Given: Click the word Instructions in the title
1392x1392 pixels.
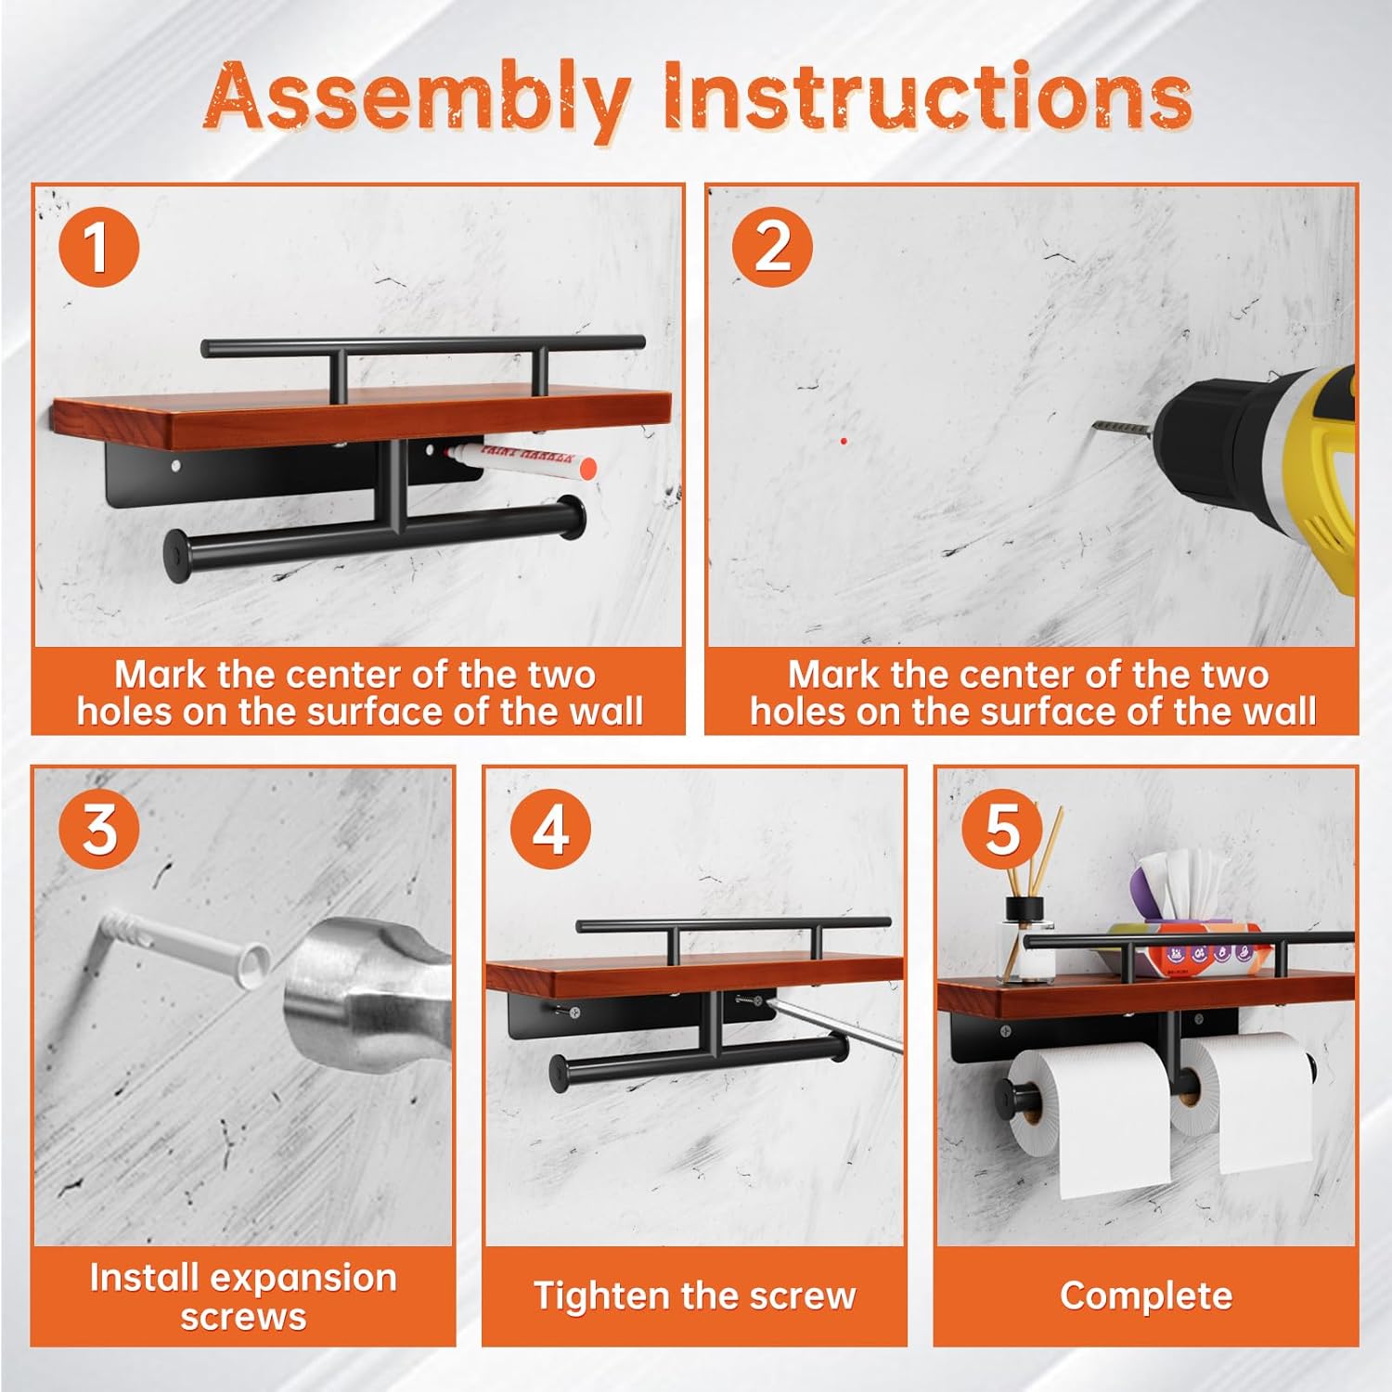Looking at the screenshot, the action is click(926, 96).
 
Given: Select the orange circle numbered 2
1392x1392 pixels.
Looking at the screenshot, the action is click(772, 246).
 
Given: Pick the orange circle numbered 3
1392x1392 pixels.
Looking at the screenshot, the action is click(99, 828).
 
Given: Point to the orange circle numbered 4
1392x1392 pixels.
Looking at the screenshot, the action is click(550, 828).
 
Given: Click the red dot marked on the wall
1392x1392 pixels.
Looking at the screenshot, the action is click(844, 441).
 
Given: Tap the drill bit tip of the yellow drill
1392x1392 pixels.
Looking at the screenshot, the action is click(1095, 426).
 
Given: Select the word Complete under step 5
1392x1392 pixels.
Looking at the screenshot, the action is click(1146, 1296).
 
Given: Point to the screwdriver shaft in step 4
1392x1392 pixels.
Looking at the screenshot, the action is click(840, 1026).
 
